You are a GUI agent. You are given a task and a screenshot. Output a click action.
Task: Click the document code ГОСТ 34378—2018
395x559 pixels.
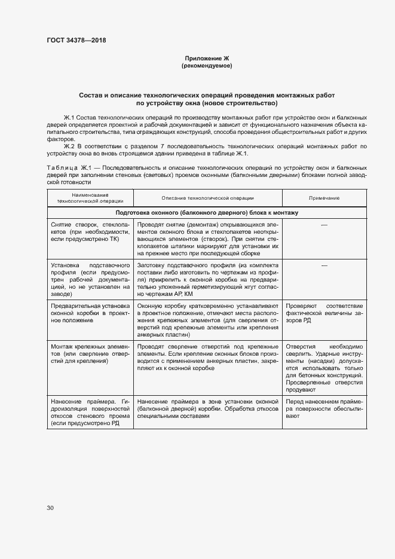(76, 41)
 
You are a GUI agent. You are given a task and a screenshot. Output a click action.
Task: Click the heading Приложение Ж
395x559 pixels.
(206, 59)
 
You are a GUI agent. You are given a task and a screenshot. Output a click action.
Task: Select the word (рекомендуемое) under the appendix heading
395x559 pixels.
(206, 66)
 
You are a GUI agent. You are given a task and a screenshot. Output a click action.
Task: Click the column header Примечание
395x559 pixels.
(324, 198)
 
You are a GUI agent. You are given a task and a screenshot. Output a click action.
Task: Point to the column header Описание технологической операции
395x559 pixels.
(207, 198)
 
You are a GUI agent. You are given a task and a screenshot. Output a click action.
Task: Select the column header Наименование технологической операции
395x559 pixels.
(90, 198)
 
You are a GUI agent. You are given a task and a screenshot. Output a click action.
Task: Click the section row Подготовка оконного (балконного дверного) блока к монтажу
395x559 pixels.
(207, 212)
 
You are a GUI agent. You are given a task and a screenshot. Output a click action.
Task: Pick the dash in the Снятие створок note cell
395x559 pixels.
(324, 224)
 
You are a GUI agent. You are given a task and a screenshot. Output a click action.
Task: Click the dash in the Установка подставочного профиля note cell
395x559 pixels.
(324, 264)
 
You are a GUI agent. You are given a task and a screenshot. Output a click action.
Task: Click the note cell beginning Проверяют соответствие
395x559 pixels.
(324, 312)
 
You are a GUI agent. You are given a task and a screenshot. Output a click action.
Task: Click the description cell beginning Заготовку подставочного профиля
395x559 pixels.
(207, 279)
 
